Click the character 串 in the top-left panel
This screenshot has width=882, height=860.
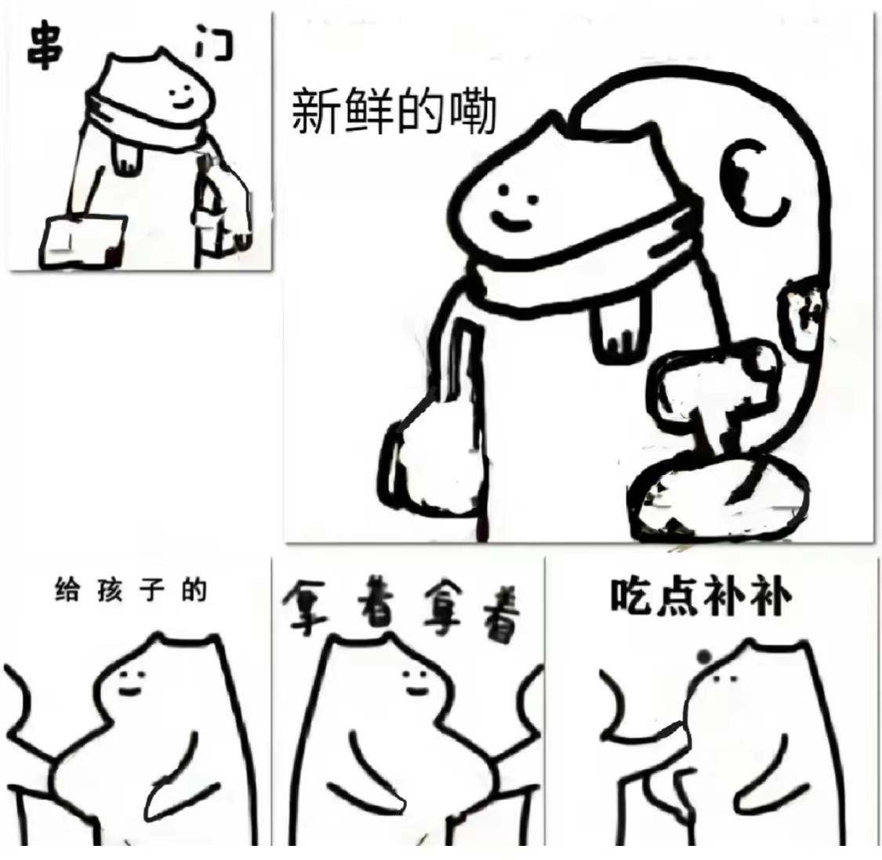point(45,45)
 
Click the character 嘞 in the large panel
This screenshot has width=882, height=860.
point(470,111)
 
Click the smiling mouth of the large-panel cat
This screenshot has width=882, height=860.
point(510,222)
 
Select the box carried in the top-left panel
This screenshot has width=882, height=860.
point(83,240)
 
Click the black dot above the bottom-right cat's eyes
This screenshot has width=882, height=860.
point(703,656)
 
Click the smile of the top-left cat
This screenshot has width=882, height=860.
point(182,103)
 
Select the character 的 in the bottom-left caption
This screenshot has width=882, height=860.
point(194,590)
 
